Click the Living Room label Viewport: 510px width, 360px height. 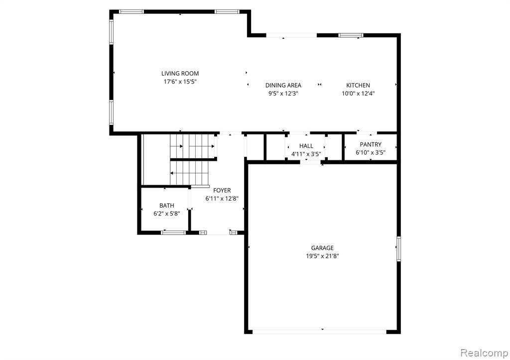click(x=180, y=74)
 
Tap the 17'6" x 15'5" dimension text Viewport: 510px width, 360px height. click(x=180, y=82)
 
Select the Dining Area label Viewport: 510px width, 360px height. click(x=283, y=85)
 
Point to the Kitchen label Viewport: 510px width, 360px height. click(x=358, y=85)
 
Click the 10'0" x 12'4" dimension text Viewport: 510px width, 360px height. click(x=358, y=94)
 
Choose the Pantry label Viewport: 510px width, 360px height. click(x=371, y=144)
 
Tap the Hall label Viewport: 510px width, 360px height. click(x=306, y=146)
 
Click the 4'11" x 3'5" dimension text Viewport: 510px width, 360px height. click(x=306, y=154)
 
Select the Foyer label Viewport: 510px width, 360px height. click(x=222, y=190)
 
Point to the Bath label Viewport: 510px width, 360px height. click(x=166, y=206)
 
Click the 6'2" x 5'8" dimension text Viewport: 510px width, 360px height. click(x=166, y=214)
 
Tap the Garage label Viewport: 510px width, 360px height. click(x=322, y=248)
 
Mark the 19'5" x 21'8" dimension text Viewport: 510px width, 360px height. click(x=322, y=256)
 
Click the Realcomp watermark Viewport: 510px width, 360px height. click(x=484, y=353)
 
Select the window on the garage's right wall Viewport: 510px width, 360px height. click(x=398, y=249)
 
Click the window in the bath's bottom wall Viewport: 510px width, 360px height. click(x=173, y=233)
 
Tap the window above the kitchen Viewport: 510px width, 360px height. click(x=351, y=35)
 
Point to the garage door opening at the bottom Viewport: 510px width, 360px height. click(x=319, y=332)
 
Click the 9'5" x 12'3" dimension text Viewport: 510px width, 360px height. click(x=283, y=94)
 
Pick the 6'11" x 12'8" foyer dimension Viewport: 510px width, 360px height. click(x=222, y=198)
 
